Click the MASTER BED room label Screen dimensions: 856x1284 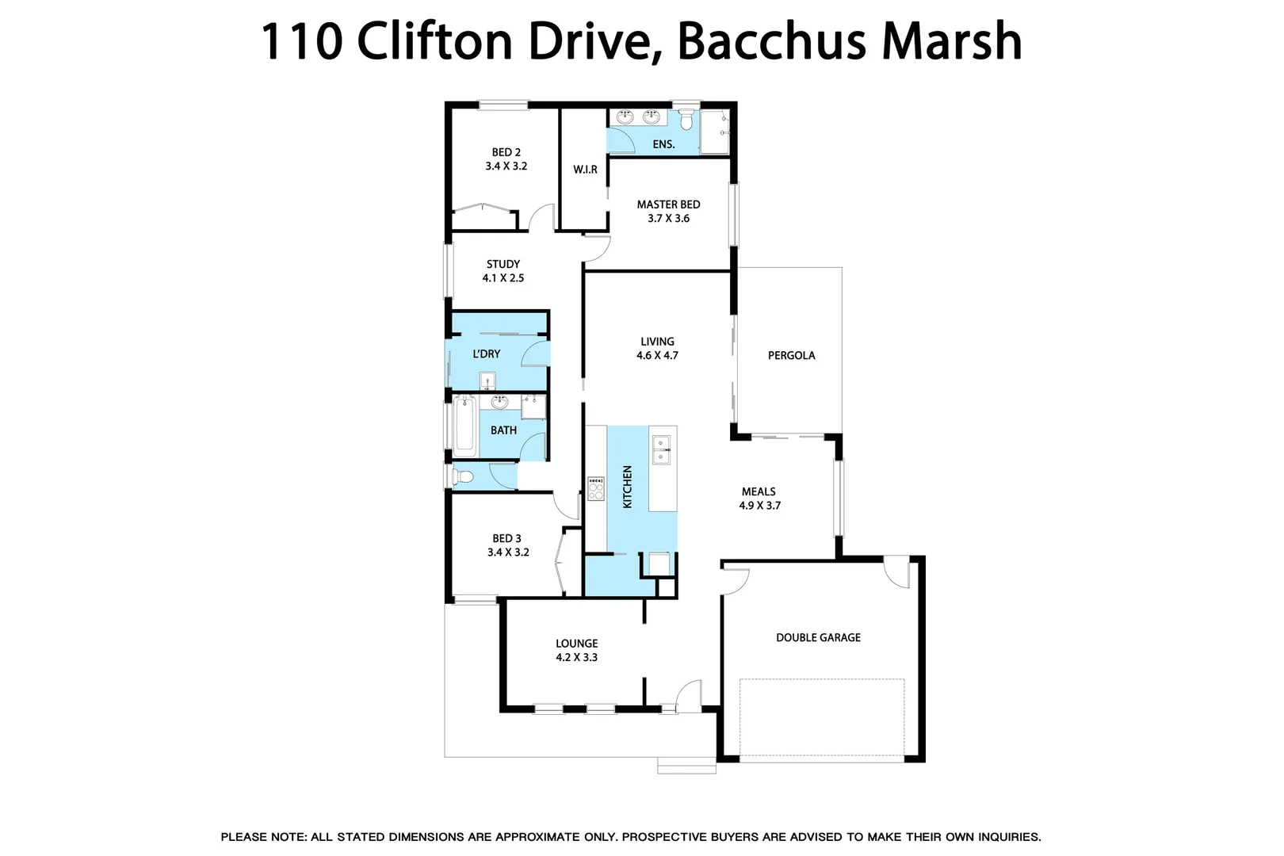coord(668,204)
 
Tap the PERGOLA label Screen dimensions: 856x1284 coord(791,355)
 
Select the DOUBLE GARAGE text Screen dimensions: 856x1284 coord(818,637)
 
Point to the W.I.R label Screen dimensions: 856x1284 coord(585,170)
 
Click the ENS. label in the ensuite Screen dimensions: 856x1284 coord(663,144)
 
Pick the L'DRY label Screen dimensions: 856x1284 coord(486,353)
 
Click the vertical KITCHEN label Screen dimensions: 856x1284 coord(627,487)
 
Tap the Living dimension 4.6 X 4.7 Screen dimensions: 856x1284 coord(657,356)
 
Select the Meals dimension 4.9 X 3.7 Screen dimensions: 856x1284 coord(759,506)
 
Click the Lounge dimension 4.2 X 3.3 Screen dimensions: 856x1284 coord(576,658)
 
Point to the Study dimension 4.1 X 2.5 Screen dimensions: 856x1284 coord(503,278)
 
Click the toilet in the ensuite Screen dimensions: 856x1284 coord(686,120)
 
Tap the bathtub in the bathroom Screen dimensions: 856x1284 coord(464,426)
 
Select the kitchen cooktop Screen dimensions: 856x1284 coord(595,488)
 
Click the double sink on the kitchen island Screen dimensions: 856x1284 coord(660,449)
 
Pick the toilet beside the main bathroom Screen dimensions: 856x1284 coord(461,476)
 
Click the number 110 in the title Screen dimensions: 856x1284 coord(301,41)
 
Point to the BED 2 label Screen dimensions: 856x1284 coord(506,152)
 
